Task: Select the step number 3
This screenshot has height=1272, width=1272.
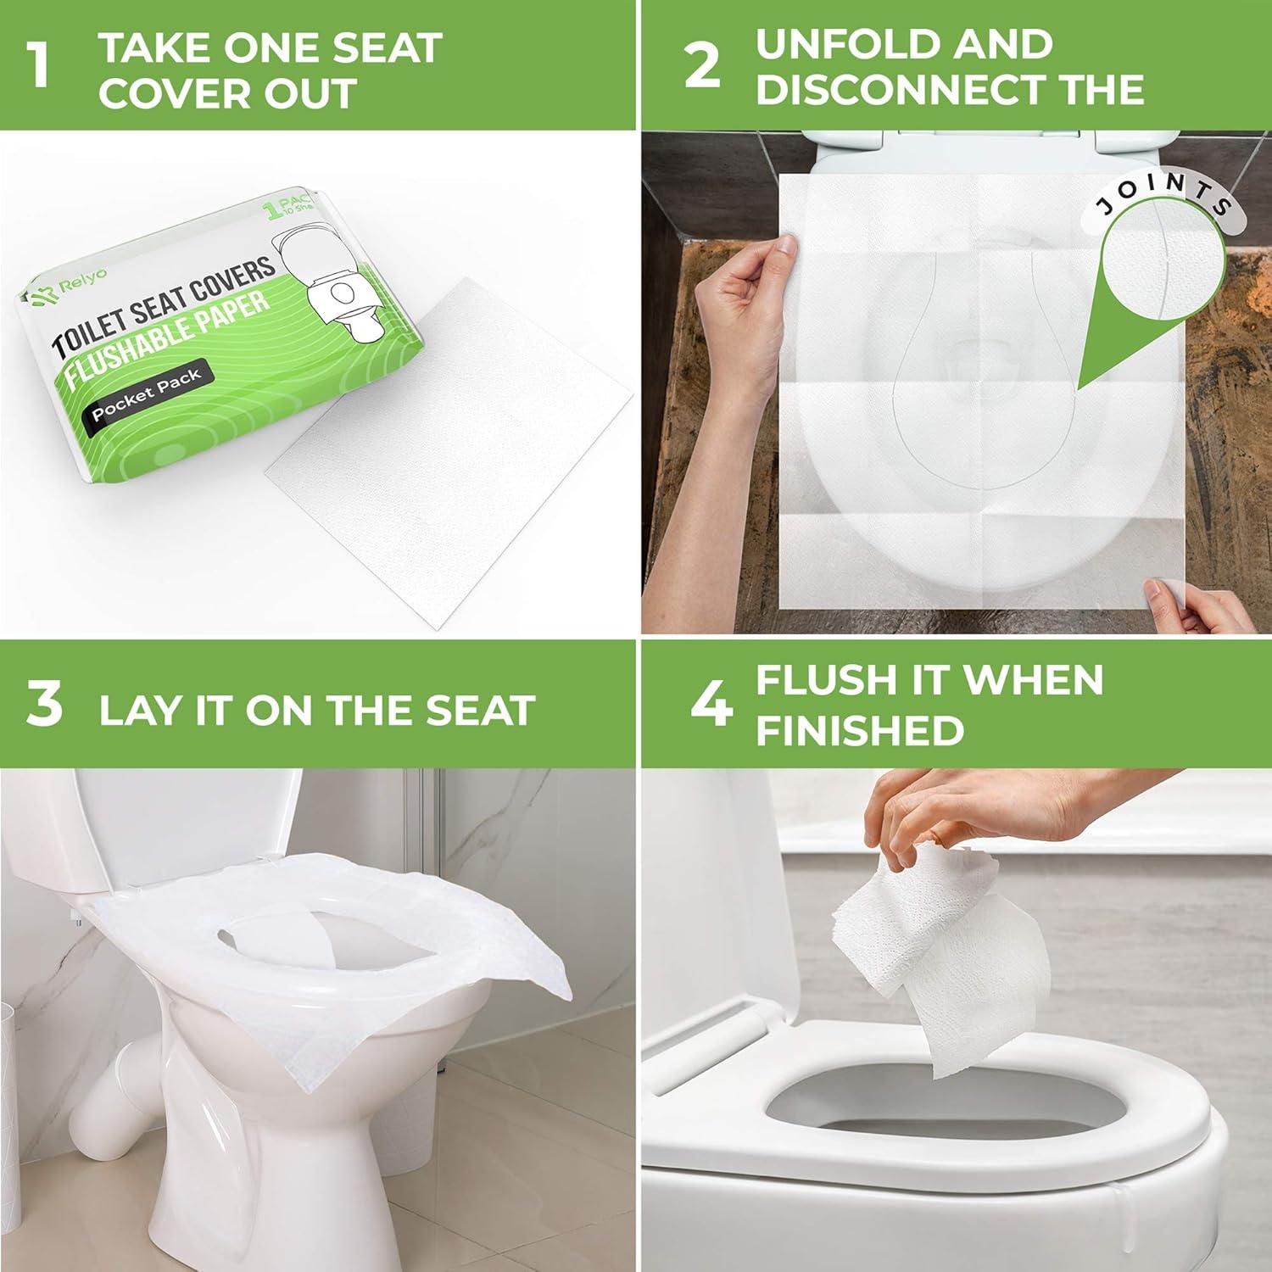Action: click(44, 706)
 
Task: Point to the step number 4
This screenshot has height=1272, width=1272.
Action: click(710, 706)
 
